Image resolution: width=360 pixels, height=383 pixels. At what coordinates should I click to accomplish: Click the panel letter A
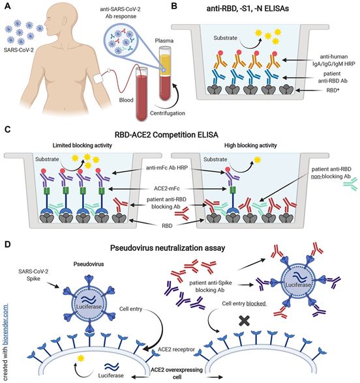[8, 6]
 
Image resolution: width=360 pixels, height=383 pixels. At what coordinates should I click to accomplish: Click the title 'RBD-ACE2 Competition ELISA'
[166, 135]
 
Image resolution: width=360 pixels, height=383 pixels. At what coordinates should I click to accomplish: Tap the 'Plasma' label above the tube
[164, 40]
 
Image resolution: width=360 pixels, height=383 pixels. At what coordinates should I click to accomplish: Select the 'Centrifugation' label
[168, 113]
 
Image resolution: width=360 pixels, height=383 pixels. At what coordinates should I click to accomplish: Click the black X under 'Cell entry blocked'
[245, 321]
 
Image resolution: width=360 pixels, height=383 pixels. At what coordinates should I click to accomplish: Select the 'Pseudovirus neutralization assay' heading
[168, 248]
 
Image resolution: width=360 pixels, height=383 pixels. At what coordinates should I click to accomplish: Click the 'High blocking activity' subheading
[250, 145]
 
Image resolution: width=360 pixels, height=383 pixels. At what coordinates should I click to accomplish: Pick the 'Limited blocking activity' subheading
[82, 145]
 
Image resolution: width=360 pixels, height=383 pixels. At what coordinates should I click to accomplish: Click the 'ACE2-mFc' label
[167, 188]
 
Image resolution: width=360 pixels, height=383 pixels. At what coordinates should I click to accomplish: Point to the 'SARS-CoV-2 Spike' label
[33, 275]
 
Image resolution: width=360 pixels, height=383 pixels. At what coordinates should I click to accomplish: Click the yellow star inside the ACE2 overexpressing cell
[81, 358]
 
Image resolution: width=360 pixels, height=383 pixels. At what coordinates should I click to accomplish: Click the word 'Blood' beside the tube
[127, 100]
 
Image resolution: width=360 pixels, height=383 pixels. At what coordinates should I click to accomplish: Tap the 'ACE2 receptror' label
[176, 349]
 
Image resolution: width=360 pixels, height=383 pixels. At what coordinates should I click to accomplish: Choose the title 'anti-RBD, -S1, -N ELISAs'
[248, 8]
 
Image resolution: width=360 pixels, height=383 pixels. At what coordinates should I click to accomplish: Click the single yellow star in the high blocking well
[257, 160]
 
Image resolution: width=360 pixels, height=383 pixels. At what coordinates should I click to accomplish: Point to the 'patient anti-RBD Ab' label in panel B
[333, 77]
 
